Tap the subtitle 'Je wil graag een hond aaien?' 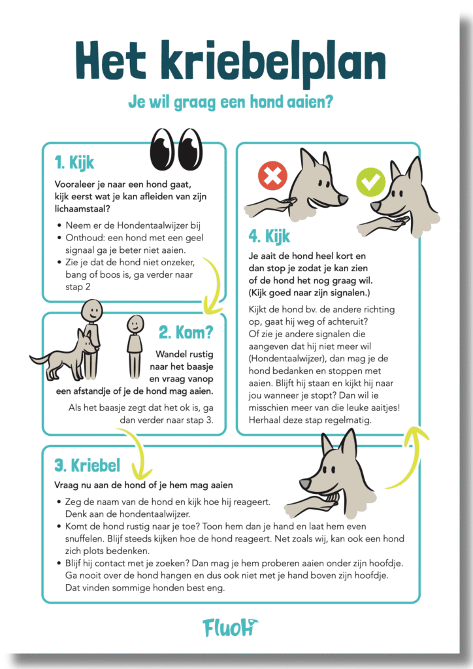[231, 102]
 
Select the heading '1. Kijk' [74, 163]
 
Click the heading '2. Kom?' [186, 333]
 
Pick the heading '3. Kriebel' [88, 465]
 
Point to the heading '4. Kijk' [269, 236]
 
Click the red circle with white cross [272, 175]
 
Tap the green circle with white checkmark [370, 182]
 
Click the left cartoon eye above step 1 [162, 148]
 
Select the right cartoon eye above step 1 [190, 148]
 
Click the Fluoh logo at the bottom [231, 627]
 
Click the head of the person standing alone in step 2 [135, 325]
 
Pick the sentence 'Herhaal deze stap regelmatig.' [310, 420]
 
